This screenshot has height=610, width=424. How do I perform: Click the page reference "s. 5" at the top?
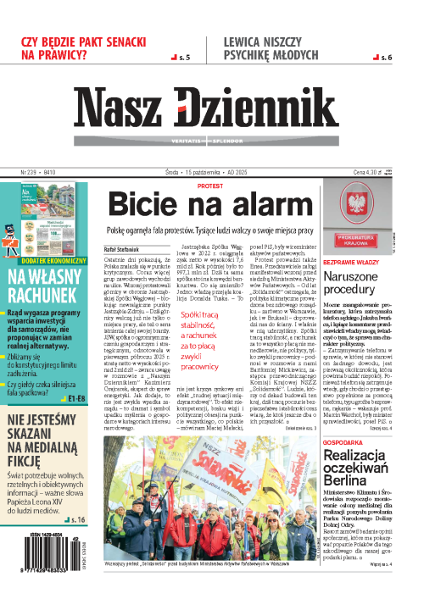180,58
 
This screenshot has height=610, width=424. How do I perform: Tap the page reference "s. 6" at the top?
382,58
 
